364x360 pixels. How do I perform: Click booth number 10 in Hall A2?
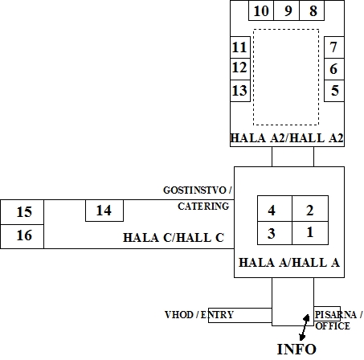point(261,10)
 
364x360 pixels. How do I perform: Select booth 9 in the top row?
point(286,10)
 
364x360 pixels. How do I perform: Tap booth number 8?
point(312,10)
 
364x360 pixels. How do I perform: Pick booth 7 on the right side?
point(334,47)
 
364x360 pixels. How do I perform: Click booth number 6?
point(334,69)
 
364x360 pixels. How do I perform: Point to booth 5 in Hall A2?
point(334,91)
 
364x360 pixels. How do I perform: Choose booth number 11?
point(240,47)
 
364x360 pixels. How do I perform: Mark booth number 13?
point(240,91)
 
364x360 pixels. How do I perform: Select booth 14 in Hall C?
point(104,211)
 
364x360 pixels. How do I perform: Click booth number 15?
point(22,212)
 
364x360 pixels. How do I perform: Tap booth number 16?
point(22,236)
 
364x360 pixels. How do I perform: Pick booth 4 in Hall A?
point(275,209)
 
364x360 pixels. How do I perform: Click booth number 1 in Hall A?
point(310,233)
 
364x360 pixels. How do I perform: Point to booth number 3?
point(275,233)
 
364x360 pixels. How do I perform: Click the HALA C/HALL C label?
point(174,238)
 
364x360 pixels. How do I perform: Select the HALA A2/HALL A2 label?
point(287,138)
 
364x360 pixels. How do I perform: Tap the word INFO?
point(297,350)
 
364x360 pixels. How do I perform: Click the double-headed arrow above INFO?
point(305,327)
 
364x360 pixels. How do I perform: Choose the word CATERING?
point(203,207)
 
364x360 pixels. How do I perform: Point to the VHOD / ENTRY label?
point(199,315)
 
